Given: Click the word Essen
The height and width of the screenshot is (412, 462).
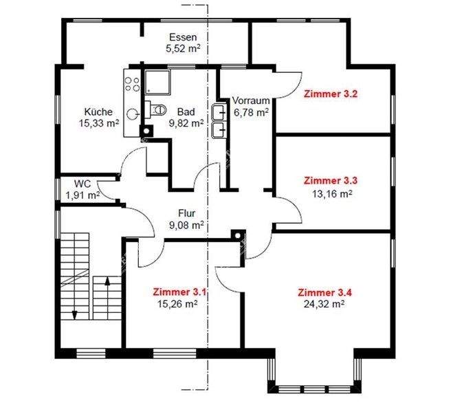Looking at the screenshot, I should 183,37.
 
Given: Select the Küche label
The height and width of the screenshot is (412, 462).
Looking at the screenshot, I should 98,112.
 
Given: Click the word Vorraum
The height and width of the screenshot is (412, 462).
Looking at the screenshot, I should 250,100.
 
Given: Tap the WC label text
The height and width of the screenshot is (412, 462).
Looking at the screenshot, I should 82,184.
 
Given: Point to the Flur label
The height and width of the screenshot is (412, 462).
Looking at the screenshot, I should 187,213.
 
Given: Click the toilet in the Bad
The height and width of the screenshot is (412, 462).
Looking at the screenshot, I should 156,109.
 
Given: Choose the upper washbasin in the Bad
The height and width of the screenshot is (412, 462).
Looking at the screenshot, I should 220,112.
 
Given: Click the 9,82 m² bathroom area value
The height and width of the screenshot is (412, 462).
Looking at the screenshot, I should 190,123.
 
